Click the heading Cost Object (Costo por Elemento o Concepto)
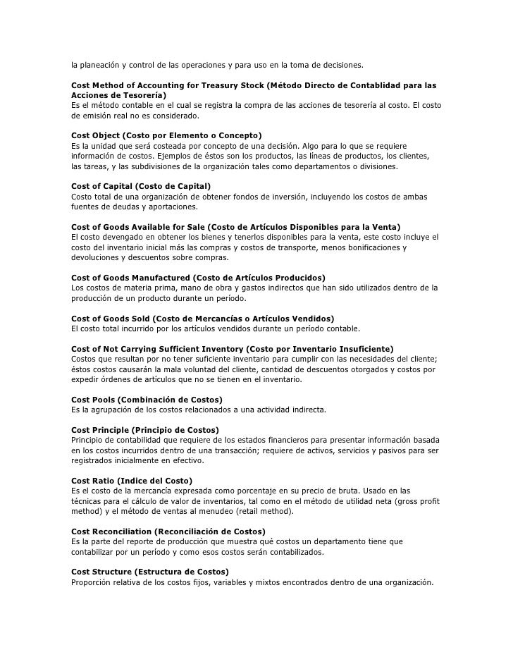pyautogui.click(x=167, y=135)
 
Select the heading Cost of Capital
pyautogui.click(x=141, y=185)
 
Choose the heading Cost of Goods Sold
pyautogui.click(x=203, y=318)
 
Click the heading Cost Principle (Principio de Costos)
pyautogui.click(x=145, y=430)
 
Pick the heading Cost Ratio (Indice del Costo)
pyautogui.click(x=132, y=481)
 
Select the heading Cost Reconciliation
pyautogui.click(x=168, y=531)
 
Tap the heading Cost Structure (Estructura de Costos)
pyautogui.click(x=150, y=572)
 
